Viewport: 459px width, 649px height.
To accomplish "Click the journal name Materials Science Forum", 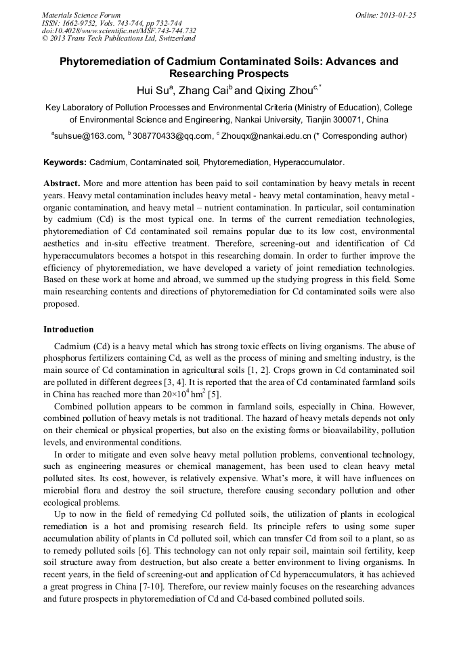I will (81, 15).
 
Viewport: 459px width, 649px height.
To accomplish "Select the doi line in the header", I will (119, 30).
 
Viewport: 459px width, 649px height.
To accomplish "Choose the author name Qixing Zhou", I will (283, 89).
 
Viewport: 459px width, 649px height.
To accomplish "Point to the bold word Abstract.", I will (62, 183).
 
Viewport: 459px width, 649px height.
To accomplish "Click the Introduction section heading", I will (68, 330).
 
